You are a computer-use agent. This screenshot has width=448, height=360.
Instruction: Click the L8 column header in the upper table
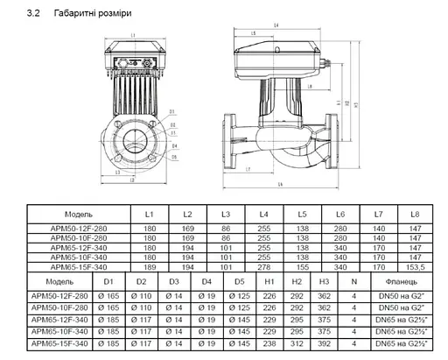click(415, 214)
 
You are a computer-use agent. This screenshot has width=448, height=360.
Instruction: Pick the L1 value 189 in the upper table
click(149, 265)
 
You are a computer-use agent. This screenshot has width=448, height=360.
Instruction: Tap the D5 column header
click(239, 282)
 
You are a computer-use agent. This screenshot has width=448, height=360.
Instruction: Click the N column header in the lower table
click(353, 282)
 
